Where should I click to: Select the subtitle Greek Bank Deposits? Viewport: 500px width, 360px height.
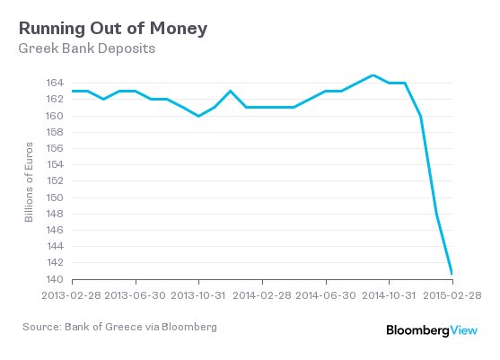coord(87,48)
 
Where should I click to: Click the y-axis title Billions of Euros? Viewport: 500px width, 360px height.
coord(30,181)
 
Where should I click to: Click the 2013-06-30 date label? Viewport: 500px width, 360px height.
coord(135,294)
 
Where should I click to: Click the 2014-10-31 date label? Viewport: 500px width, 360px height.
coord(389,294)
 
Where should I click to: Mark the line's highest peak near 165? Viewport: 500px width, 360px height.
coord(373,75)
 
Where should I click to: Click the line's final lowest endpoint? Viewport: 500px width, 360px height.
coord(452,273)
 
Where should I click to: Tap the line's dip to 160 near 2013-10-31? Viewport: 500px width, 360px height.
coord(198,116)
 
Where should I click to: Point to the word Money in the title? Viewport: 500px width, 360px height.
coord(178,28)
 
